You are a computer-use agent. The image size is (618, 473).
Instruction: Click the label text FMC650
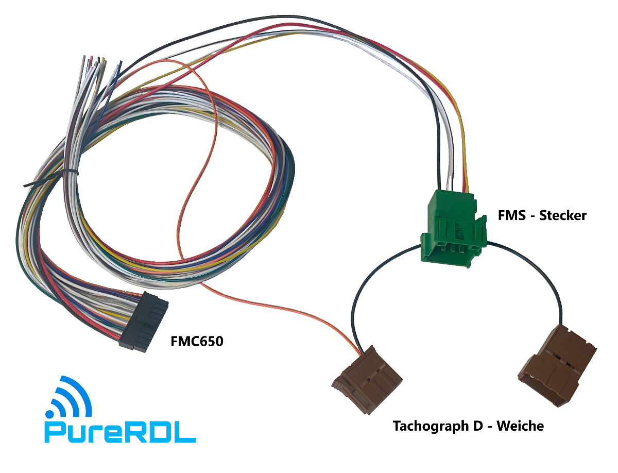click(x=197, y=341)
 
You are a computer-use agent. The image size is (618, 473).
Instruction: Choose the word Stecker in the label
click(x=562, y=215)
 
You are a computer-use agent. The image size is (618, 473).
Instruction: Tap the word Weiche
click(x=520, y=426)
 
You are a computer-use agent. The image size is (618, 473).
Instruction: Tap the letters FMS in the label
click(x=511, y=215)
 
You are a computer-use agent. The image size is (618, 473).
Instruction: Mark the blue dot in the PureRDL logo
click(x=50, y=414)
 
